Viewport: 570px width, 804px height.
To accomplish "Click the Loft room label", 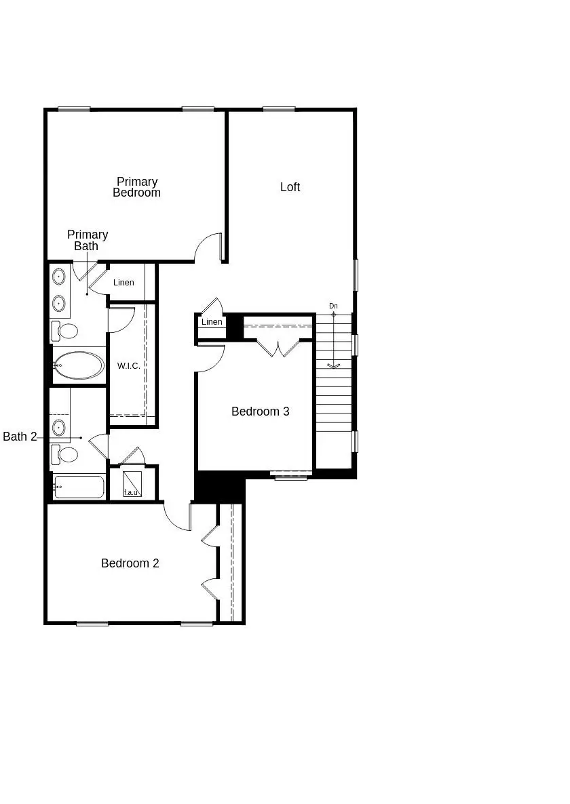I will coord(290,187).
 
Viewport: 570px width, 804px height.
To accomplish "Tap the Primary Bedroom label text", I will coord(136,187).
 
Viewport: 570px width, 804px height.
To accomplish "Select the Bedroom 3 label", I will coord(260,411).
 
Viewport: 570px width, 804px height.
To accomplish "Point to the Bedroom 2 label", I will coord(130,563).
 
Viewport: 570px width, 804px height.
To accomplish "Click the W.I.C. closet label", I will coord(128,366).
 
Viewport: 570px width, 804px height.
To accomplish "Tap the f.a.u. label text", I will coord(131,492).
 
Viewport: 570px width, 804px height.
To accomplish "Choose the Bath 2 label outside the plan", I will coord(20,437).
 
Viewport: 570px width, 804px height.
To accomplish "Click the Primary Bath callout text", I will coord(87,240).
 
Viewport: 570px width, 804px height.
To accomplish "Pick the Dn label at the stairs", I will coord(333,306).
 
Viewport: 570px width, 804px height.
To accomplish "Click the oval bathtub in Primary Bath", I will coord(79,366).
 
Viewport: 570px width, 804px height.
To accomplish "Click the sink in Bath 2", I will coord(59,427).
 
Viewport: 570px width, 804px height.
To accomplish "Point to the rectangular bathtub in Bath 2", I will coord(79,487).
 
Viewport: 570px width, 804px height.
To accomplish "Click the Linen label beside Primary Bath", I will coord(123,283).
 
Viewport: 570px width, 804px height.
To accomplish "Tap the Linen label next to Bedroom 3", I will coord(212,322).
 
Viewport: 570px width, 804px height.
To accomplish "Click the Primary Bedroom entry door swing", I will coord(208,248).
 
